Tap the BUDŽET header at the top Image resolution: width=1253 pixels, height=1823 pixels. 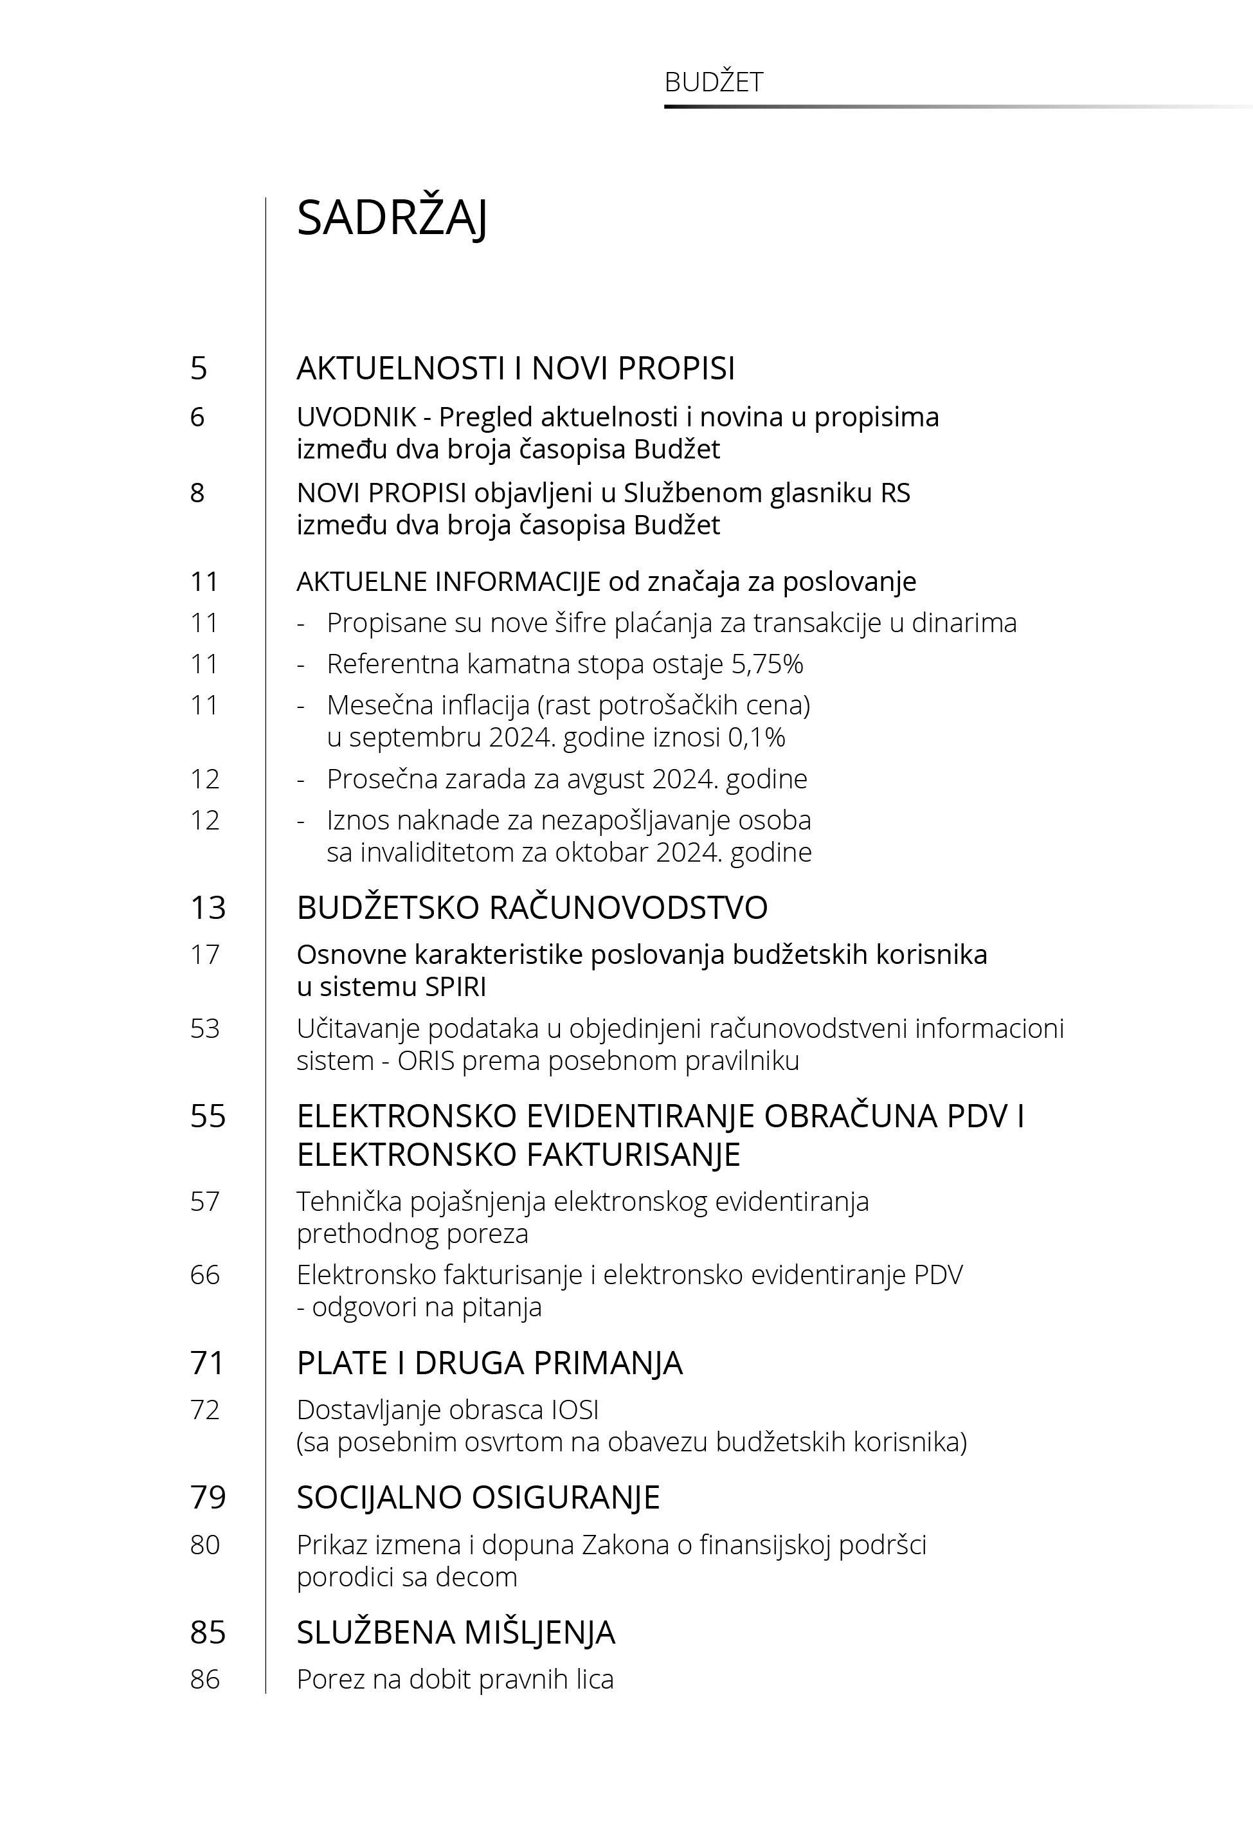[x=713, y=82]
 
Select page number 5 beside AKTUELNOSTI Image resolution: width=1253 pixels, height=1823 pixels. [x=199, y=368]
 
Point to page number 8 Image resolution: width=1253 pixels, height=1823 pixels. [x=197, y=493]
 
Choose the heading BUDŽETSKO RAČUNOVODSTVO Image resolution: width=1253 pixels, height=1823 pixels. [x=532, y=907]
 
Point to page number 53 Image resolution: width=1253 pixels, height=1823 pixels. [x=205, y=1028]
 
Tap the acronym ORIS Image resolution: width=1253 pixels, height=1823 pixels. [x=426, y=1060]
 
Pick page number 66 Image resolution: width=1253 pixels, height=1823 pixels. [x=205, y=1274]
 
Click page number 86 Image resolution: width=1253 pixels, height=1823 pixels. [x=205, y=1680]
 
